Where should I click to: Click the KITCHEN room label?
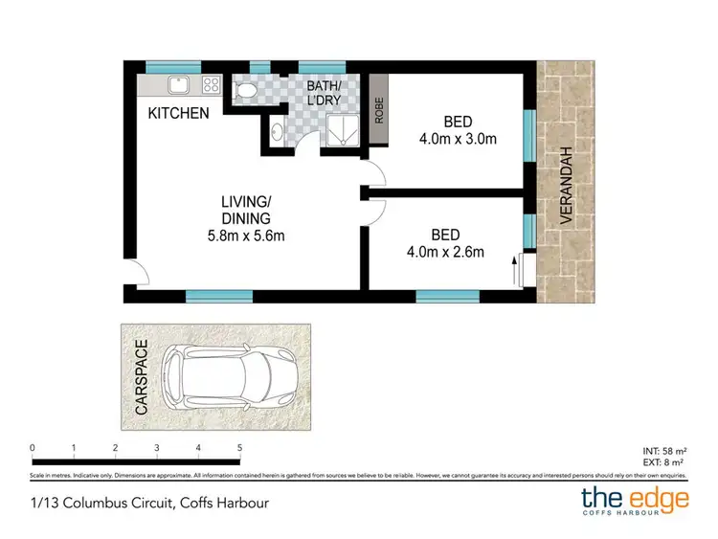click(x=178, y=113)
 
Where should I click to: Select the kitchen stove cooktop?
click(x=211, y=85)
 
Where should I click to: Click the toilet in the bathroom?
click(x=244, y=90)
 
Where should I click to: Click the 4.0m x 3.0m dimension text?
click(x=458, y=140)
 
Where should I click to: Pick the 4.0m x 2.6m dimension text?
click(x=445, y=253)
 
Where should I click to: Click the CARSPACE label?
click(x=142, y=376)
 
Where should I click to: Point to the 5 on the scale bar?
click(x=239, y=447)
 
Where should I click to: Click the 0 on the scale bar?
click(x=33, y=447)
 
